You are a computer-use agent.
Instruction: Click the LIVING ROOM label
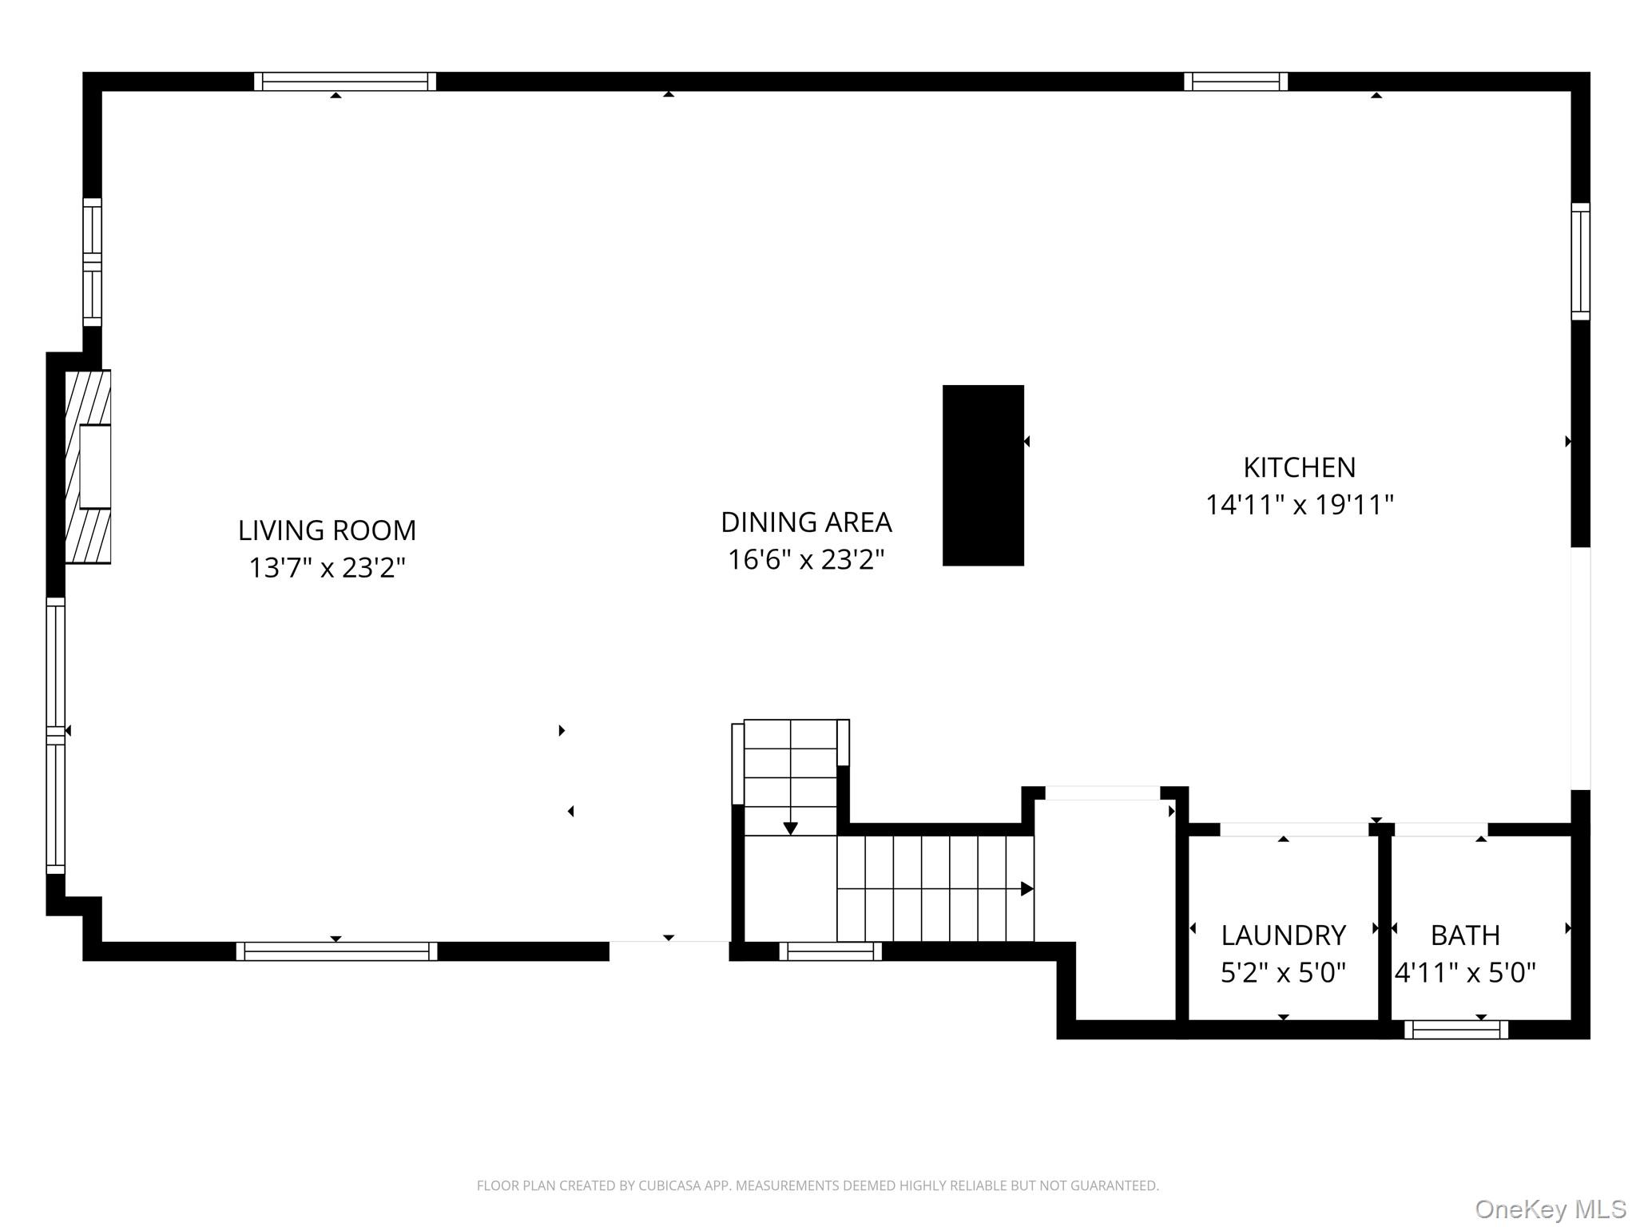(x=327, y=530)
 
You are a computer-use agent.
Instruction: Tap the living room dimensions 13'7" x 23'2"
(x=327, y=568)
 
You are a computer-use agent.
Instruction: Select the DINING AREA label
(x=806, y=522)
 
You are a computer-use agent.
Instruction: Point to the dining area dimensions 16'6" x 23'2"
(x=806, y=560)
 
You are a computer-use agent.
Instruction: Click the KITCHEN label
(x=1299, y=467)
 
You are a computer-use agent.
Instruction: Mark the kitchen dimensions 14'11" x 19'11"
(x=1299, y=505)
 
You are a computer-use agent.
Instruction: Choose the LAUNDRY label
(x=1283, y=935)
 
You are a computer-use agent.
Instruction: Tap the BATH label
(x=1465, y=935)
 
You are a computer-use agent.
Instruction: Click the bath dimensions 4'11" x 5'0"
(x=1465, y=972)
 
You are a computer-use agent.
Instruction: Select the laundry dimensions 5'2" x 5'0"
(x=1283, y=972)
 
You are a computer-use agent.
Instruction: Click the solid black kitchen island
(x=983, y=475)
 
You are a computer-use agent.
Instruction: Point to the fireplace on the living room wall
(x=88, y=467)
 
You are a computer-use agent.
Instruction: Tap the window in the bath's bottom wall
(x=1455, y=1030)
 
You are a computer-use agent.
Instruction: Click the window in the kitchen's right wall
(x=1580, y=261)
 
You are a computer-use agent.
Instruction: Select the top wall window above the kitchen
(x=1235, y=81)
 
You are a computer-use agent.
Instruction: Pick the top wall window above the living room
(x=345, y=81)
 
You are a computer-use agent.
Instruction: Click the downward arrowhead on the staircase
(x=790, y=828)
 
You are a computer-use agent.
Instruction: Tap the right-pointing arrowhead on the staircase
(x=1027, y=888)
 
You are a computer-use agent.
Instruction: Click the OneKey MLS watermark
(x=1550, y=1209)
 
